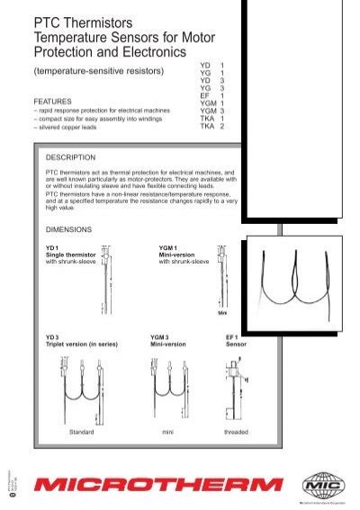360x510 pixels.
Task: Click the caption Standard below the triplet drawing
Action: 82,433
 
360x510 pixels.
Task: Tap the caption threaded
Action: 236,433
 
